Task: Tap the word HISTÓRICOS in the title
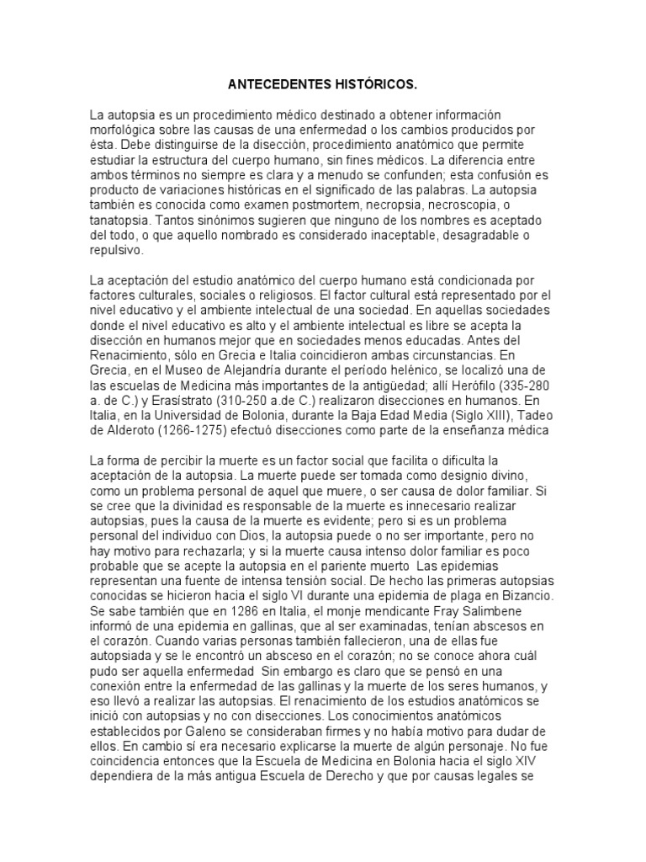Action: tap(375, 86)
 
